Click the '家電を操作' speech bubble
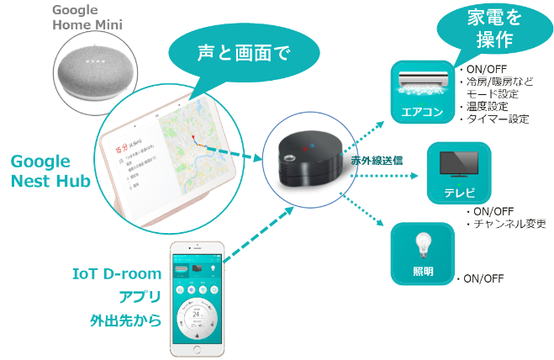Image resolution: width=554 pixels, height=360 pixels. tap(480, 30)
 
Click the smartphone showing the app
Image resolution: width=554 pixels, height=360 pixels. tap(197, 299)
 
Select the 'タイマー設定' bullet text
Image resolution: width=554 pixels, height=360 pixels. tap(499, 119)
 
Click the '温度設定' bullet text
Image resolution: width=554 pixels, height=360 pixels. tap(492, 107)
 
